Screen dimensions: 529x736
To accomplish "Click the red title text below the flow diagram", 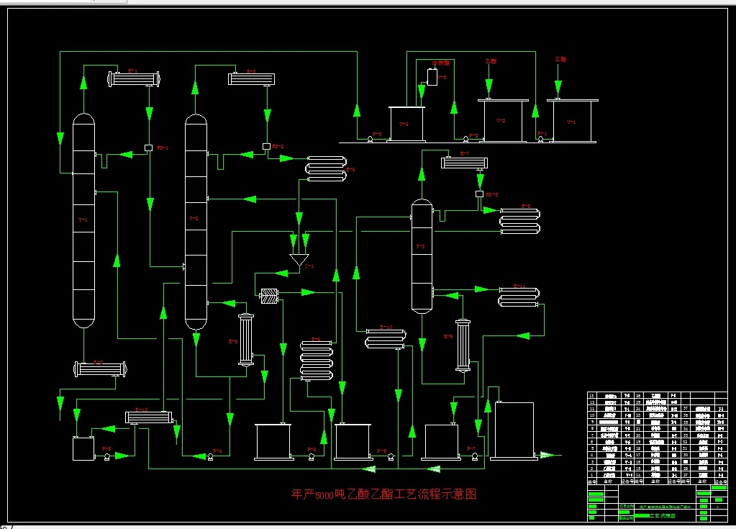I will [x=383, y=494].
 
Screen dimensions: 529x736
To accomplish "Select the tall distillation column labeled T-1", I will [x=83, y=220].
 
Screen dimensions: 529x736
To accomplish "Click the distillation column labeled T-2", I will [x=195, y=220].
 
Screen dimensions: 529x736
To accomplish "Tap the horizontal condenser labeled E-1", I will [x=133, y=78].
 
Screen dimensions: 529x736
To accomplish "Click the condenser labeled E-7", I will [x=465, y=163].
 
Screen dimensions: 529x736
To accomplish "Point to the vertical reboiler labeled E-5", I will [x=247, y=341].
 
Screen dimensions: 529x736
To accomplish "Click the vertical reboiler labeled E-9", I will [x=463, y=346].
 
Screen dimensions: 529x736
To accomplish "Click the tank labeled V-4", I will [x=406, y=124].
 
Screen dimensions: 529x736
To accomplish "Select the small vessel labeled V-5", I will [x=432, y=76].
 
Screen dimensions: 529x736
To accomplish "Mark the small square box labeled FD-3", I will [x=479, y=194].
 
